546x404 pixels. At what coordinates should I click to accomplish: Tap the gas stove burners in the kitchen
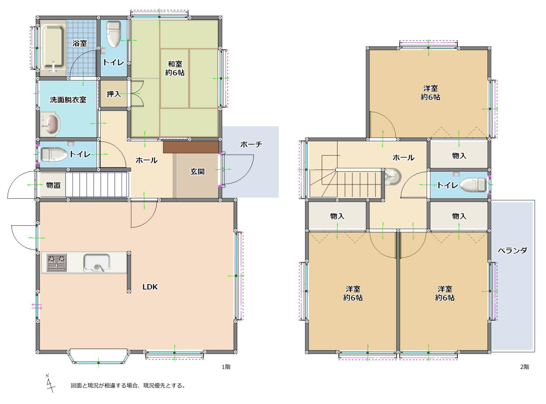(57, 263)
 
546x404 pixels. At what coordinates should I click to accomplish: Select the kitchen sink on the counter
(96, 263)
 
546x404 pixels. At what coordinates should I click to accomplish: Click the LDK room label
(150, 287)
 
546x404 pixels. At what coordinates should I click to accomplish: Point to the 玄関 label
(197, 171)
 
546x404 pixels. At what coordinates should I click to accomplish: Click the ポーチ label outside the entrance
(251, 144)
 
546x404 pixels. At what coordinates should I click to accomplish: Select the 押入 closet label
(113, 94)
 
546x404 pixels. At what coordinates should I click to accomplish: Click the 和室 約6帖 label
(175, 69)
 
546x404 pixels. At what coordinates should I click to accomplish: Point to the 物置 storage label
(53, 185)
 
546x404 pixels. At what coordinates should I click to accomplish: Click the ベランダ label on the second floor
(513, 251)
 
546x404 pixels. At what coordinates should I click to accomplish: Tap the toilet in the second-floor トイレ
(473, 185)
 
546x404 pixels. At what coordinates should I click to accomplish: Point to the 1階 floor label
(226, 367)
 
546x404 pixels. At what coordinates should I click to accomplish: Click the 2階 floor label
(524, 367)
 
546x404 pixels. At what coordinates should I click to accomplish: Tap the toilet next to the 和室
(114, 34)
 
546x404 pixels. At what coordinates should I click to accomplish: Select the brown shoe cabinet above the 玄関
(191, 147)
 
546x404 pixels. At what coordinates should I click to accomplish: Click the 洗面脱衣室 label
(68, 100)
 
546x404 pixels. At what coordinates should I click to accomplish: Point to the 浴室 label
(79, 43)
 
